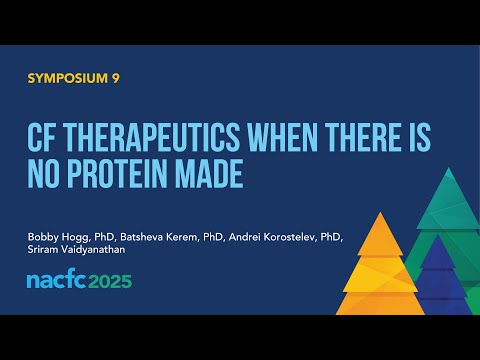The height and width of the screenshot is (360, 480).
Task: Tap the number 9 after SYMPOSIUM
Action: point(115,78)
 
